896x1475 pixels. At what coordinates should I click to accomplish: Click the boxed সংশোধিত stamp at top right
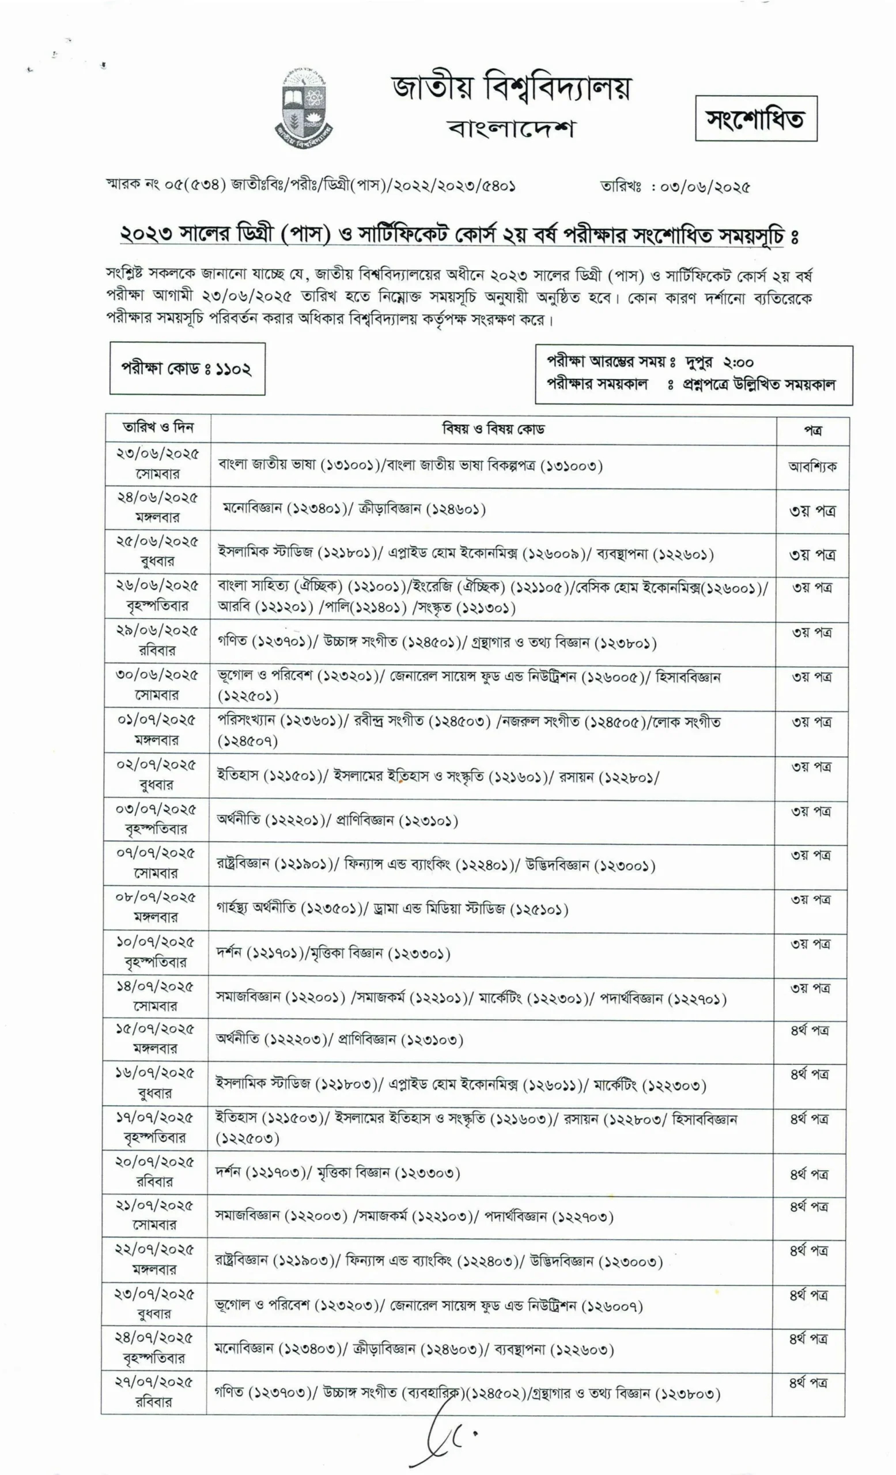coord(755,119)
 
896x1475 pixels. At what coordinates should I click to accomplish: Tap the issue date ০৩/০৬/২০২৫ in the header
coord(704,187)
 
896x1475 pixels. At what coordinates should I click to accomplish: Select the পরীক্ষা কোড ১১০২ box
coord(187,368)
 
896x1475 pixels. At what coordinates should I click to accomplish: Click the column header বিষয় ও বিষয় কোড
coord(493,429)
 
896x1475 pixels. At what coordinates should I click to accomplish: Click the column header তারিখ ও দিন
coord(158,428)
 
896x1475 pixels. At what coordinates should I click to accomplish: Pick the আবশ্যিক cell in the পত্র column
coord(812,466)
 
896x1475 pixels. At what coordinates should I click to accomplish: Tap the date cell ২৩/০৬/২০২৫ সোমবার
coord(157,463)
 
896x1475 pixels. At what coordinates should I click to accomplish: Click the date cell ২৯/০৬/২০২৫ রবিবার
coord(157,641)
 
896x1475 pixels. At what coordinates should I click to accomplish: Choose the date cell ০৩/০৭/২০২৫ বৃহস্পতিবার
coord(156,819)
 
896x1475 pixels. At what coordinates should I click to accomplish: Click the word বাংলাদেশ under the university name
coord(511,128)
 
